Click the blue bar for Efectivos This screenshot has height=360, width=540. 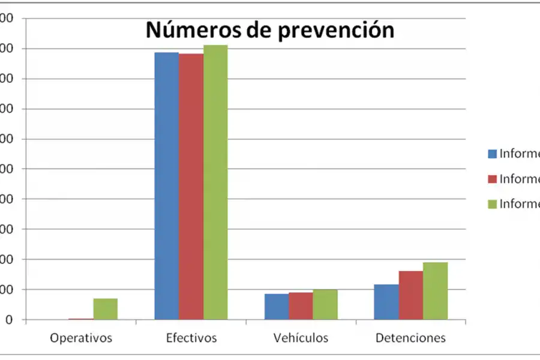point(166,186)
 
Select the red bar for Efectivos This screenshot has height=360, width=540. point(191,187)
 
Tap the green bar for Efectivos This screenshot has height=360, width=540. point(215,182)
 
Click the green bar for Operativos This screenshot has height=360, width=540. point(105,309)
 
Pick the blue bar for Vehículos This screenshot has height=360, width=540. point(276,307)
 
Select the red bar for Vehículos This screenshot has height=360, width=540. point(301,306)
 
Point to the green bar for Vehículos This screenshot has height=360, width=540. point(325,305)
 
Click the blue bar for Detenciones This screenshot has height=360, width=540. point(386,302)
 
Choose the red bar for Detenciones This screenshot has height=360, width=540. point(410,295)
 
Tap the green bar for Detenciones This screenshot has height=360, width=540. point(435,291)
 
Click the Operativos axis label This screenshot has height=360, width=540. point(81,338)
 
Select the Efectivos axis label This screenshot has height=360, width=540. point(191,338)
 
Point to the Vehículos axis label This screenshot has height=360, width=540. point(301,338)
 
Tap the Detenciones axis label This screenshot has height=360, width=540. point(410,338)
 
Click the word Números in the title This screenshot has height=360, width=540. point(192,30)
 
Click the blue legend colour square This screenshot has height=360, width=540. point(492,154)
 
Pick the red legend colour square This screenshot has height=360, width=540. point(492,179)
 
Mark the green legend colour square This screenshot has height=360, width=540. point(492,204)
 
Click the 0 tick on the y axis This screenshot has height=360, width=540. point(8,320)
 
